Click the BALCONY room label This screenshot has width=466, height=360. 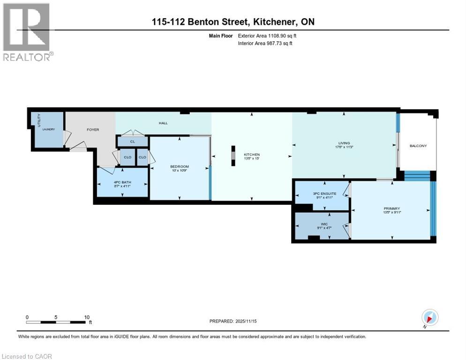tap(417, 146)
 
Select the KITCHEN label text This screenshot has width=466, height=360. tap(251, 155)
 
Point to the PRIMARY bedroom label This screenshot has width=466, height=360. tap(391, 209)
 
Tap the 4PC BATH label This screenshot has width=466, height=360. tap(121, 183)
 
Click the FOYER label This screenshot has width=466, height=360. tap(93, 129)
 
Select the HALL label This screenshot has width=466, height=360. tap(163, 123)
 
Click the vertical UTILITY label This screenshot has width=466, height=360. tap(39, 120)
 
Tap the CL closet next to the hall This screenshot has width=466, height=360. tap(132, 141)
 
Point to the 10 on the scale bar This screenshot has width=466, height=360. tap(87, 317)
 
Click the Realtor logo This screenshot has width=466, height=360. tap(27, 32)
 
